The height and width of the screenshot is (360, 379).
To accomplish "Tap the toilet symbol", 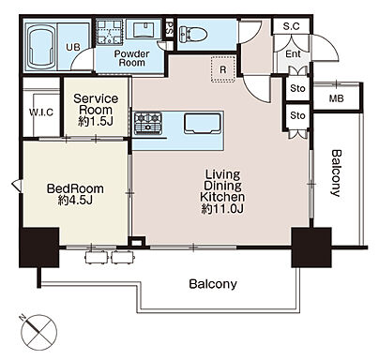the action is (x=193, y=34).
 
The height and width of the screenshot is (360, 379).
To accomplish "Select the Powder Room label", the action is (x=131, y=58).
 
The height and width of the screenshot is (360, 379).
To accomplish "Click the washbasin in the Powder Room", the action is (x=144, y=29).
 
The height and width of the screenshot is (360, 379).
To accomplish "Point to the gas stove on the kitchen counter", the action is (x=147, y=124).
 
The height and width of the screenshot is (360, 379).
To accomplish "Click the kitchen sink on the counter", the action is (x=203, y=124).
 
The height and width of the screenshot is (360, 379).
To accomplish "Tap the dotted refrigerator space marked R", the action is (x=223, y=69).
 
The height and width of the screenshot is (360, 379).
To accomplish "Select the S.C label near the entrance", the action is (x=292, y=26).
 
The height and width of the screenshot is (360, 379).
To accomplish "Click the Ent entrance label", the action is (x=293, y=53).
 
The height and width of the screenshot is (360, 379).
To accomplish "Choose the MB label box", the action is (x=337, y=98).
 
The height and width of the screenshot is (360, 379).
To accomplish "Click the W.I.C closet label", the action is (x=41, y=112).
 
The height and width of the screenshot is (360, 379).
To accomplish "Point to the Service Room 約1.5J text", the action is (x=96, y=110).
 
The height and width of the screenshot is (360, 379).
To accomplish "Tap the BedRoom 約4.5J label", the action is (x=75, y=194).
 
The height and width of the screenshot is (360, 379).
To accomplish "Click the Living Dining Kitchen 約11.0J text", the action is (x=222, y=191).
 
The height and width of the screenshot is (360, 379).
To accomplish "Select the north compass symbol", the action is (x=39, y=332).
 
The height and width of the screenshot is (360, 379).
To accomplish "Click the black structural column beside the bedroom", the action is (x=39, y=247).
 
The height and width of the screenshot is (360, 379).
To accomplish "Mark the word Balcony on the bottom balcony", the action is (x=213, y=284).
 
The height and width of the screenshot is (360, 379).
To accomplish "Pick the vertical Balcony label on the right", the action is (x=336, y=173).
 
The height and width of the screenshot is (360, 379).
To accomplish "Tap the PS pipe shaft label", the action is (x=170, y=28).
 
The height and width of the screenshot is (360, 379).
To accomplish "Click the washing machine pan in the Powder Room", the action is (x=109, y=32).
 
